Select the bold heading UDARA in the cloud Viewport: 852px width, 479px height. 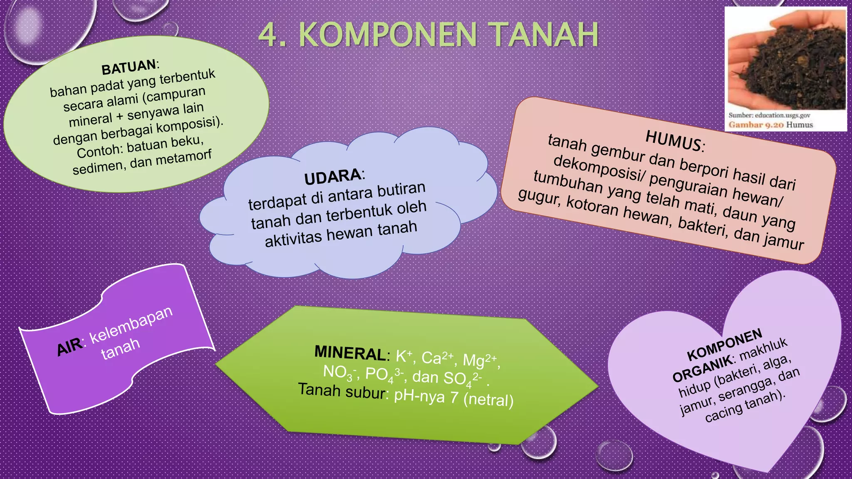(332, 177)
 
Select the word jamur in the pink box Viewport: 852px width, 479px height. (783, 241)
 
